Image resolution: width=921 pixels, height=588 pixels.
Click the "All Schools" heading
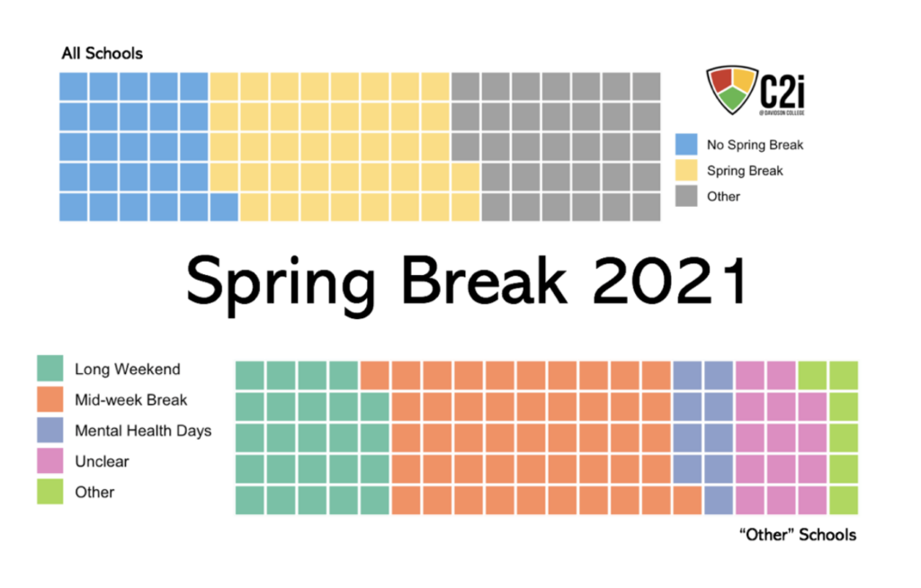click(103, 53)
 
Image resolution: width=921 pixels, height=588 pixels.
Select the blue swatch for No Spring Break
click(686, 145)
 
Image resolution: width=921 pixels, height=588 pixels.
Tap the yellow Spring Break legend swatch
click(686, 170)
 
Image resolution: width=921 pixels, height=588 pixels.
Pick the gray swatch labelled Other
click(686, 196)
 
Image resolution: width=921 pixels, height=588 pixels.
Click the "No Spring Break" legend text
click(755, 145)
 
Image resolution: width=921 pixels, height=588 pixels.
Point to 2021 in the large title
click(669, 281)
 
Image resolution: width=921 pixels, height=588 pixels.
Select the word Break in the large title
click(484, 280)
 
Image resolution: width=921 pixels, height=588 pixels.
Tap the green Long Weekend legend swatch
click(50, 369)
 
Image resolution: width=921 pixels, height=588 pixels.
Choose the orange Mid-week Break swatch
click(50, 399)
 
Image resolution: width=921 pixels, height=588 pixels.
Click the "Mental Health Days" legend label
click(143, 431)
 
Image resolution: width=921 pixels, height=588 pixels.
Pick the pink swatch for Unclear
click(50, 460)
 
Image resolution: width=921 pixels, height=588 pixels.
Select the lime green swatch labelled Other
click(50, 492)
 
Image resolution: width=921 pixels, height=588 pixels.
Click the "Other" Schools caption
click(798, 535)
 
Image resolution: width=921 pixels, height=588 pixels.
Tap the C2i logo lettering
click(782, 92)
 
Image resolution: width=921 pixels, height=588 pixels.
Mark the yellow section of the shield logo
click(743, 79)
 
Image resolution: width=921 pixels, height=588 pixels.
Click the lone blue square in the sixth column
click(224, 207)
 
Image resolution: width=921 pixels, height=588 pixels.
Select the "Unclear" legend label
click(102, 462)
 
